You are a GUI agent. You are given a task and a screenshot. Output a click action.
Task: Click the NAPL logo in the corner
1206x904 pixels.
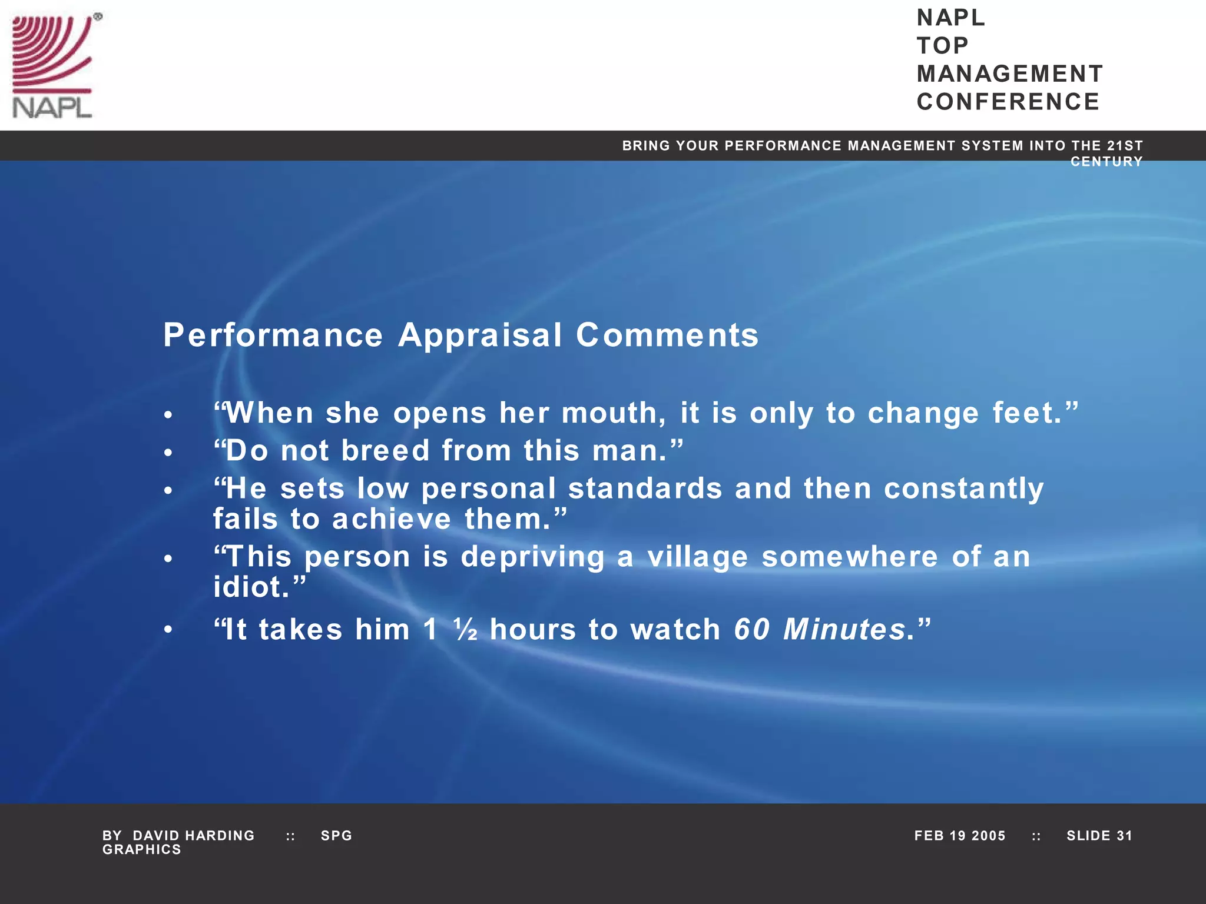54,66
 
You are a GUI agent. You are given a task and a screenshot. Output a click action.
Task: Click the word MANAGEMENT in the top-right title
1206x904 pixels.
1009,74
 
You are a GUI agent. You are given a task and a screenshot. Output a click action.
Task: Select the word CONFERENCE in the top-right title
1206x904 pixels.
1008,102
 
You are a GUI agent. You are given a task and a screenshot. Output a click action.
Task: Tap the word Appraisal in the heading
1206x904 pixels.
480,335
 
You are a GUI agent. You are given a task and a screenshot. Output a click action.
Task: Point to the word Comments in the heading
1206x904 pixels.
667,335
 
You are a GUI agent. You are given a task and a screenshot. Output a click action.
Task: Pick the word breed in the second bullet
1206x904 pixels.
386,451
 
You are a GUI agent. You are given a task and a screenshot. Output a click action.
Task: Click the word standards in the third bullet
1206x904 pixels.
645,488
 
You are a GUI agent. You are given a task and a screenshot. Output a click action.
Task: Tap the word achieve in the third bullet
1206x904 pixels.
392,519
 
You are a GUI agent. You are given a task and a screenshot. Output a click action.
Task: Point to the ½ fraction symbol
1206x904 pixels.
466,630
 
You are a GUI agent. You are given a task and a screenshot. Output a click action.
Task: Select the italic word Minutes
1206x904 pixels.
844,630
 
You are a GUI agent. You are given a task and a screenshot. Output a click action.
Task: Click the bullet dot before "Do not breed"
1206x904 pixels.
168,453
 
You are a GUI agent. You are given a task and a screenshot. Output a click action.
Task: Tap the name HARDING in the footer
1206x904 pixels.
220,836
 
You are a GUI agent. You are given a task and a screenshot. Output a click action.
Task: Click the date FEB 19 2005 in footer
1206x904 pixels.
959,836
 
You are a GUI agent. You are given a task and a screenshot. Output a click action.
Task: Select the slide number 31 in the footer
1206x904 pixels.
1124,836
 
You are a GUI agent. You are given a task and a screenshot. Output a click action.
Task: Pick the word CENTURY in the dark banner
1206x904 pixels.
1106,162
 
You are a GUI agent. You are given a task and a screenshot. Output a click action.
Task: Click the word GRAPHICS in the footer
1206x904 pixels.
142,850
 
